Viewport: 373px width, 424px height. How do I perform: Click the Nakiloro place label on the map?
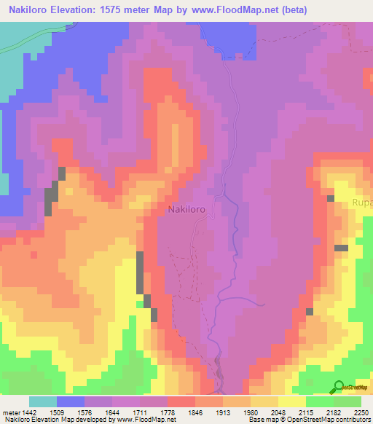(186, 209)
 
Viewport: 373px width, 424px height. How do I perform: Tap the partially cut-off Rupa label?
(363, 202)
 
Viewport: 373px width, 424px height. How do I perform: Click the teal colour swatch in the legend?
(43, 401)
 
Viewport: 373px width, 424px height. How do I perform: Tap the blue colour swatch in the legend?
(71, 401)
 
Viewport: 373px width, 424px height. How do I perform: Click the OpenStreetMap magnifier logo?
(337, 387)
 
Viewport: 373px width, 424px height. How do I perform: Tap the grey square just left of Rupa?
(331, 198)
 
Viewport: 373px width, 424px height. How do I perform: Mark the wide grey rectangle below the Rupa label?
(341, 248)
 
